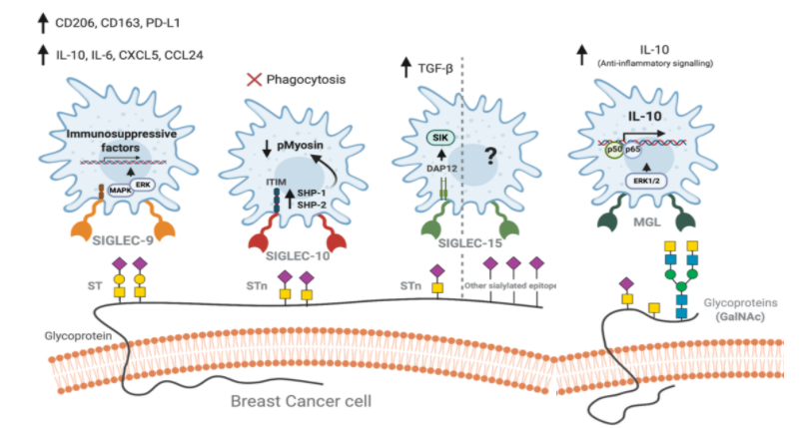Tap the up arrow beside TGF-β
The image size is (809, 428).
coord(406,69)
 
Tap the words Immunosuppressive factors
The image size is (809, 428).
coord(133,139)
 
